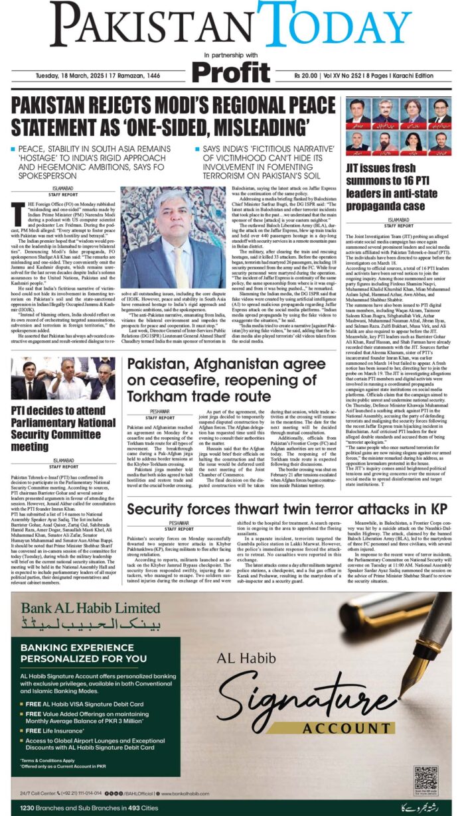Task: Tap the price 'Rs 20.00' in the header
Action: [309, 77]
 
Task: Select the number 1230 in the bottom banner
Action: [31, 807]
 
